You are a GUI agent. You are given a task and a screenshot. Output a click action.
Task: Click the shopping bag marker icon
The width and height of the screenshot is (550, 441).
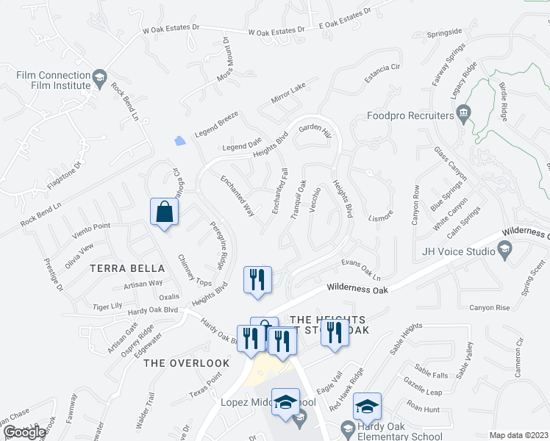pos(165,212)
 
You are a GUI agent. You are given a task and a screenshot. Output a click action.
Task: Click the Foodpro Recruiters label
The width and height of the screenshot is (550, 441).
pos(410,116)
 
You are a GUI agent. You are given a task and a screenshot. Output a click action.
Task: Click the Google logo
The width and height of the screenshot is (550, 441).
pos(24,433)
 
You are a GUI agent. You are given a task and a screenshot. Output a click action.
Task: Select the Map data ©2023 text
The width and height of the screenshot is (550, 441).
pos(519,435)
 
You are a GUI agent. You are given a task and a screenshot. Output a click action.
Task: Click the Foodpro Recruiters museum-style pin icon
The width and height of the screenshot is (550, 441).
pos(464,113)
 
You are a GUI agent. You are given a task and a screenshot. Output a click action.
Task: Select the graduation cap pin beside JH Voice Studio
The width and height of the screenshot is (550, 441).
pos(504,252)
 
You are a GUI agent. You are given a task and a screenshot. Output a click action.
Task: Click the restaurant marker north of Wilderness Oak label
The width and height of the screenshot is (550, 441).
pos(257,279)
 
